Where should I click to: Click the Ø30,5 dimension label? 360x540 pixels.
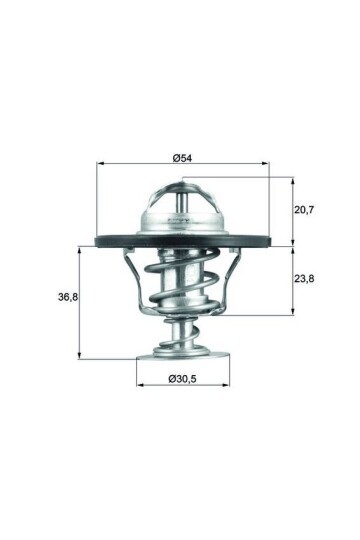click(x=183, y=378)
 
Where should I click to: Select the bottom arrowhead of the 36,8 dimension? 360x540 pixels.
click(x=79, y=356)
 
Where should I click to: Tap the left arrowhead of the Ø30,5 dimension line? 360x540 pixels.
click(x=138, y=386)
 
